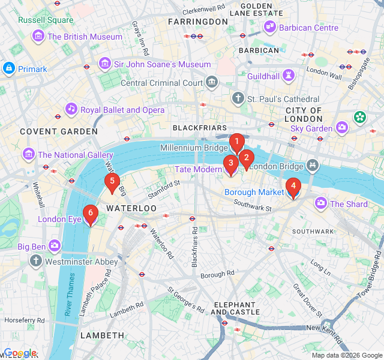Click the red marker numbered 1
[236, 143]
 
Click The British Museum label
[85, 37]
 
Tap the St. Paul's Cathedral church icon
[238, 98]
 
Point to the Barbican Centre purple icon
[271, 28]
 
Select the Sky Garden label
[311, 128]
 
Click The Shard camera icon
[321, 204]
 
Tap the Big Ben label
[31, 247]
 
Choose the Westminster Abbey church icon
[35, 262]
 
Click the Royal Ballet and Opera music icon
[71, 110]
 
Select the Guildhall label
[263, 76]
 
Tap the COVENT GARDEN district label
[58, 131]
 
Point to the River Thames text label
[71, 295]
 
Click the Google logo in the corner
[20, 353]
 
